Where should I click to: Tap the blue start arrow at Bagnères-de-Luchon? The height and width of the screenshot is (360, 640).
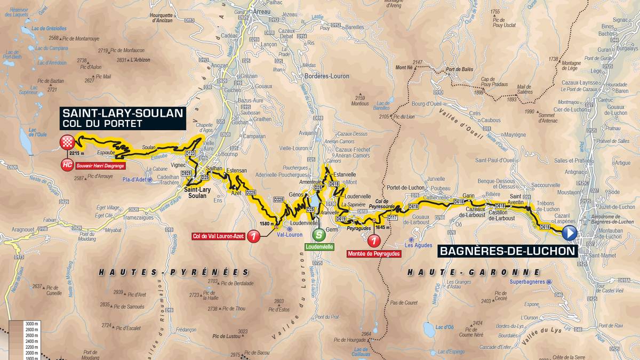(570, 233)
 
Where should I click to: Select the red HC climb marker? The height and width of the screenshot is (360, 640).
(67, 164)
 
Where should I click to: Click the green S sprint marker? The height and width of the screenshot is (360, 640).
(319, 234)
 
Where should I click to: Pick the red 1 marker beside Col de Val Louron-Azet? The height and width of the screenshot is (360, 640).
(253, 236)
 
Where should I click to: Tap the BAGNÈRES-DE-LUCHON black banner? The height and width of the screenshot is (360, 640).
(507, 251)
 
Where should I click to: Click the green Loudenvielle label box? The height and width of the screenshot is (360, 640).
(319, 247)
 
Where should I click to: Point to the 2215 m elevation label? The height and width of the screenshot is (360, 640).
(77, 154)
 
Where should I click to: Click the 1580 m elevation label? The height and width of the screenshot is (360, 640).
(266, 224)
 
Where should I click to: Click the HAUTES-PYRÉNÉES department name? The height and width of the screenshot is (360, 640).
(166, 272)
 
